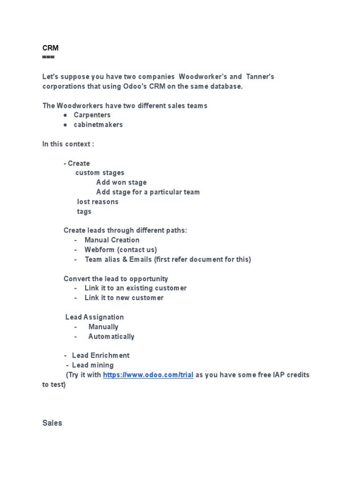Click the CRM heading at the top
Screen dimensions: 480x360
(50, 48)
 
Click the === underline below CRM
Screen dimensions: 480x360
(48, 57)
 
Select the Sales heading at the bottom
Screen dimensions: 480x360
(52, 423)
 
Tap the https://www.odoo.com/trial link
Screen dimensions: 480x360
(148, 375)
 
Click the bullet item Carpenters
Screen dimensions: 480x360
(92, 115)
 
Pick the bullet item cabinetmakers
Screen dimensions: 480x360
(98, 125)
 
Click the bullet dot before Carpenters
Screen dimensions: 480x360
(65, 115)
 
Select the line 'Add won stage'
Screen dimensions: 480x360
(121, 182)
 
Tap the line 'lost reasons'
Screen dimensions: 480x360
(97, 202)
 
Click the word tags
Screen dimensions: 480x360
(84, 211)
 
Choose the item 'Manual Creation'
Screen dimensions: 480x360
(112, 240)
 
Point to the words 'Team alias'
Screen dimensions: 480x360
(103, 259)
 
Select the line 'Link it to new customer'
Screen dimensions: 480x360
(124, 298)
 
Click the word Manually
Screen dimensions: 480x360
(103, 327)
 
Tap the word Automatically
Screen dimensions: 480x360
(111, 337)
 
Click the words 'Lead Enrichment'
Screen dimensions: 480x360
(101, 355)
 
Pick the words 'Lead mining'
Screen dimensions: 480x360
(93, 365)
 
